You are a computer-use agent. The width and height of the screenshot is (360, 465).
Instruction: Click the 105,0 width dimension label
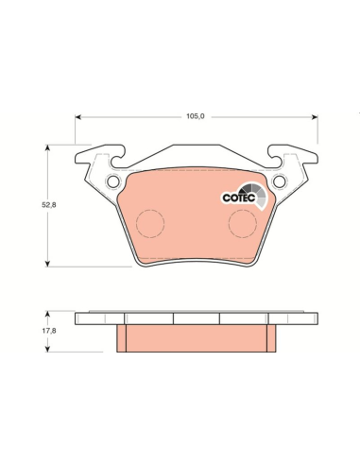coord(196,116)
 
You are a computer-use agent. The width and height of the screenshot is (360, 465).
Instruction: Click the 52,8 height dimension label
coord(49,205)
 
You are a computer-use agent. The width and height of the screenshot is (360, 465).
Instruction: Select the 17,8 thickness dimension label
coord(49,331)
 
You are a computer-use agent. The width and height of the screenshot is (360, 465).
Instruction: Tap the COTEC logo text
coord(238,198)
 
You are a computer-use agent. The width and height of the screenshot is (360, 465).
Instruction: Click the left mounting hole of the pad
coord(113,181)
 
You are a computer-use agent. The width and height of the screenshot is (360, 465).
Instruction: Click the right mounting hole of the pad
coord(280,181)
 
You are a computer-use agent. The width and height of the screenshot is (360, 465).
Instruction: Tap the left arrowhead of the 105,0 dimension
coord(78,117)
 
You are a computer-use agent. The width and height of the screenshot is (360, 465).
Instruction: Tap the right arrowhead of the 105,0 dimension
coord(315,117)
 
